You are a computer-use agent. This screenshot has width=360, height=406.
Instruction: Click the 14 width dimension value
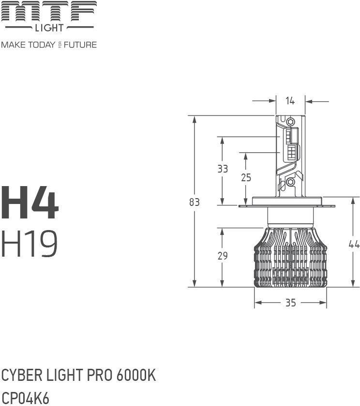(x=290, y=101)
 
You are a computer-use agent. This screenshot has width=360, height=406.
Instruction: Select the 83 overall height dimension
(x=195, y=202)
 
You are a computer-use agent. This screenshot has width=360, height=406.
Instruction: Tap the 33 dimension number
(x=223, y=169)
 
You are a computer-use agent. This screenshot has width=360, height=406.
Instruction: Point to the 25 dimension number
(x=246, y=178)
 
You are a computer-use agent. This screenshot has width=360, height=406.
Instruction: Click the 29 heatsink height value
(x=223, y=256)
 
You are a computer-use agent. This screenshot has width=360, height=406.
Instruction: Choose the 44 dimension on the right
(x=354, y=244)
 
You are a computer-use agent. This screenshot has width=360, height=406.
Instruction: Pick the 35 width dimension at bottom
(x=290, y=303)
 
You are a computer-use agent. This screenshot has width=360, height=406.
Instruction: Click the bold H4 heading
(x=30, y=203)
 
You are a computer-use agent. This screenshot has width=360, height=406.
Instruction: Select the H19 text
(x=30, y=244)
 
